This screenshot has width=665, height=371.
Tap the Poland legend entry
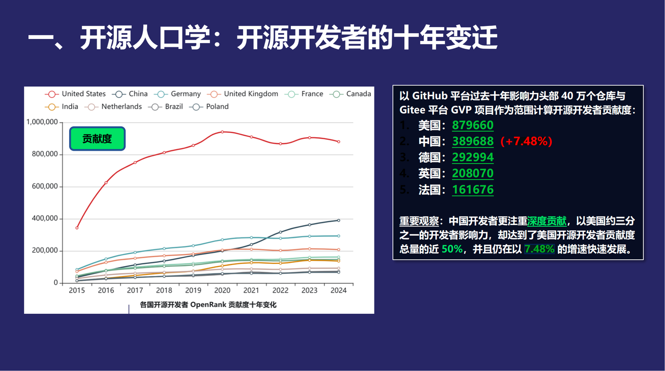click(x=210, y=107)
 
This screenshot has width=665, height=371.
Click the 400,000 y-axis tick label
click(x=44, y=219)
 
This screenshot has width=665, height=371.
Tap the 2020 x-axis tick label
click(x=222, y=290)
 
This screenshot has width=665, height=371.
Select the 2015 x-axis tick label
click(x=77, y=290)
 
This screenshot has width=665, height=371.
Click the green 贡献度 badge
click(x=97, y=139)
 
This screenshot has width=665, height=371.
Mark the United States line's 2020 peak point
click(x=222, y=132)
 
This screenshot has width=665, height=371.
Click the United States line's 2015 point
click(x=77, y=228)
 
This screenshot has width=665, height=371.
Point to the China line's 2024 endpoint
click(x=339, y=220)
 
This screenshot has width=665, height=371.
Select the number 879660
click(x=473, y=125)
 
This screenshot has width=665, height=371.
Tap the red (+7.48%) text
click(x=526, y=141)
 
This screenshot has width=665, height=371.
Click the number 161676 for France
click(x=473, y=190)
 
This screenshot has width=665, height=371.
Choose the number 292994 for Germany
click(x=473, y=157)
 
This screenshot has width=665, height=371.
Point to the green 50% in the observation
click(x=452, y=249)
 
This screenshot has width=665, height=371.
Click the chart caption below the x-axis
click(x=208, y=305)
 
